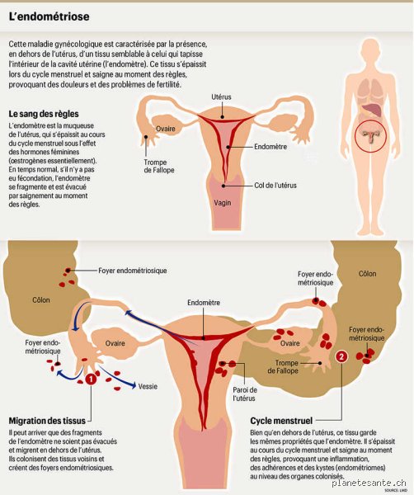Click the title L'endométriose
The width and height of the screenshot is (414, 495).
coord(49,16)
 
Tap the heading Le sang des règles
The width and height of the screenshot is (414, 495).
coord(44,114)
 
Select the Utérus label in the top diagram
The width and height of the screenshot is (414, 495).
coord(221,97)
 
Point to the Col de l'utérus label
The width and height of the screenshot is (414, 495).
coord(275,186)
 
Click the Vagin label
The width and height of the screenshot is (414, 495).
coord(223,203)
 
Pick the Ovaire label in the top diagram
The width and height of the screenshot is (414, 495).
coord(166,129)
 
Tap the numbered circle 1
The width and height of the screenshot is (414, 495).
coord(90,379)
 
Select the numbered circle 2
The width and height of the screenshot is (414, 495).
coord(341,356)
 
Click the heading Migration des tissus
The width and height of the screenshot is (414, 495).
coord(47,421)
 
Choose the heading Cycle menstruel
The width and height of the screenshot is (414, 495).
coord(281,421)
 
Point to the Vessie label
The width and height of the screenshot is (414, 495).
coord(148,386)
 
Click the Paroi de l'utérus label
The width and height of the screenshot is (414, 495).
coord(245,394)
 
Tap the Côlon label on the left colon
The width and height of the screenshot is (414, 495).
coord(41,300)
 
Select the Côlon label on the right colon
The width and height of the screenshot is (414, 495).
coord(367,274)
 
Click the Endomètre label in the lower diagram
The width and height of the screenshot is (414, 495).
coord(204,303)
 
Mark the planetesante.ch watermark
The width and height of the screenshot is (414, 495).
coord(369,483)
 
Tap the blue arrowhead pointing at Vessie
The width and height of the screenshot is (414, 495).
coord(133,385)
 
